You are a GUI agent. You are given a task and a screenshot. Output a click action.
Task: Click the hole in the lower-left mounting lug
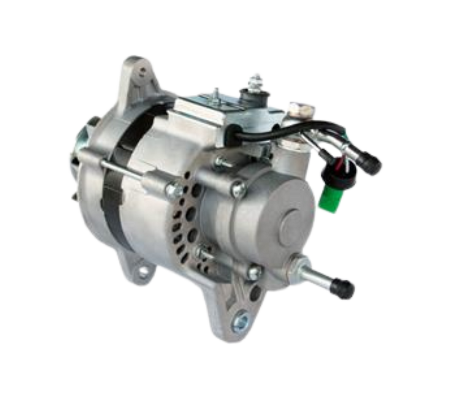143,271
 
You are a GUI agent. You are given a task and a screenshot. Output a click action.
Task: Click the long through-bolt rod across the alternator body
125,168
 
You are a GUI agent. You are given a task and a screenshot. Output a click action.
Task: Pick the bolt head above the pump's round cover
239,187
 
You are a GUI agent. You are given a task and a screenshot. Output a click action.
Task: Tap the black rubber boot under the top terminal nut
252,95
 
